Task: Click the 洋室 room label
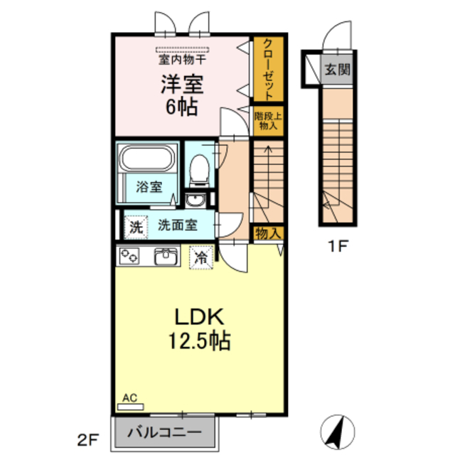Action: pyautogui.click(x=182, y=85)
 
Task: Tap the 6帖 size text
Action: pyautogui.click(x=182, y=109)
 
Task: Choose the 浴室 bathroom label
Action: pyautogui.click(x=149, y=188)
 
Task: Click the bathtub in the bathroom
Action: pyautogui.click(x=149, y=159)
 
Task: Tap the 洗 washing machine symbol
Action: pyautogui.click(x=135, y=227)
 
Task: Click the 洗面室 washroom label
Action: pyautogui.click(x=177, y=226)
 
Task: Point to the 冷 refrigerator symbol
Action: pyautogui.click(x=202, y=256)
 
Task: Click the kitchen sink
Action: pyautogui.click(x=167, y=256)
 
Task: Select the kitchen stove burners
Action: pyautogui.click(x=130, y=256)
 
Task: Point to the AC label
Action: pyautogui.click(x=129, y=400)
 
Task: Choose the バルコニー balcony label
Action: pyautogui.click(x=165, y=432)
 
